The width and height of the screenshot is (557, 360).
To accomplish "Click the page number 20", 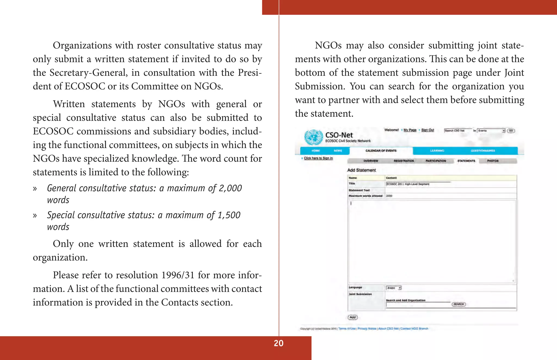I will (278, 343).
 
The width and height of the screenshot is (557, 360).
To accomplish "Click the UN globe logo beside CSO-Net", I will (313, 137).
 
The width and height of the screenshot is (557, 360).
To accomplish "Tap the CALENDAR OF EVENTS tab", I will (381, 151).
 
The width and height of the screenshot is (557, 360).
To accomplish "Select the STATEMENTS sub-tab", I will (466, 161).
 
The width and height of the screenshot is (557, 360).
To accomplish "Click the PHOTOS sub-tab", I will (493, 161).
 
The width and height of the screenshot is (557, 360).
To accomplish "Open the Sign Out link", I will (428, 130).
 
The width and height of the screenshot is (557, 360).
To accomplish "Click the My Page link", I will (410, 130).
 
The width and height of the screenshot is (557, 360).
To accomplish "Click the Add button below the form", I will (352, 317).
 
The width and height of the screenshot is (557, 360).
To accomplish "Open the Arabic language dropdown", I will (394, 288).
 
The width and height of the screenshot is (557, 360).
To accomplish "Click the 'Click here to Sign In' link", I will (318, 158).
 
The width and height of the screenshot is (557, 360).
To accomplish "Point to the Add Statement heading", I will (361, 170).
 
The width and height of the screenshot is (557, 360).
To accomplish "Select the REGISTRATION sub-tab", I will (404, 161).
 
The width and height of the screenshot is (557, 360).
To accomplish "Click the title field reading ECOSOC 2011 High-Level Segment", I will (418, 184).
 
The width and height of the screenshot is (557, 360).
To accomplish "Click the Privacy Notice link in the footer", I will (367, 328).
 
